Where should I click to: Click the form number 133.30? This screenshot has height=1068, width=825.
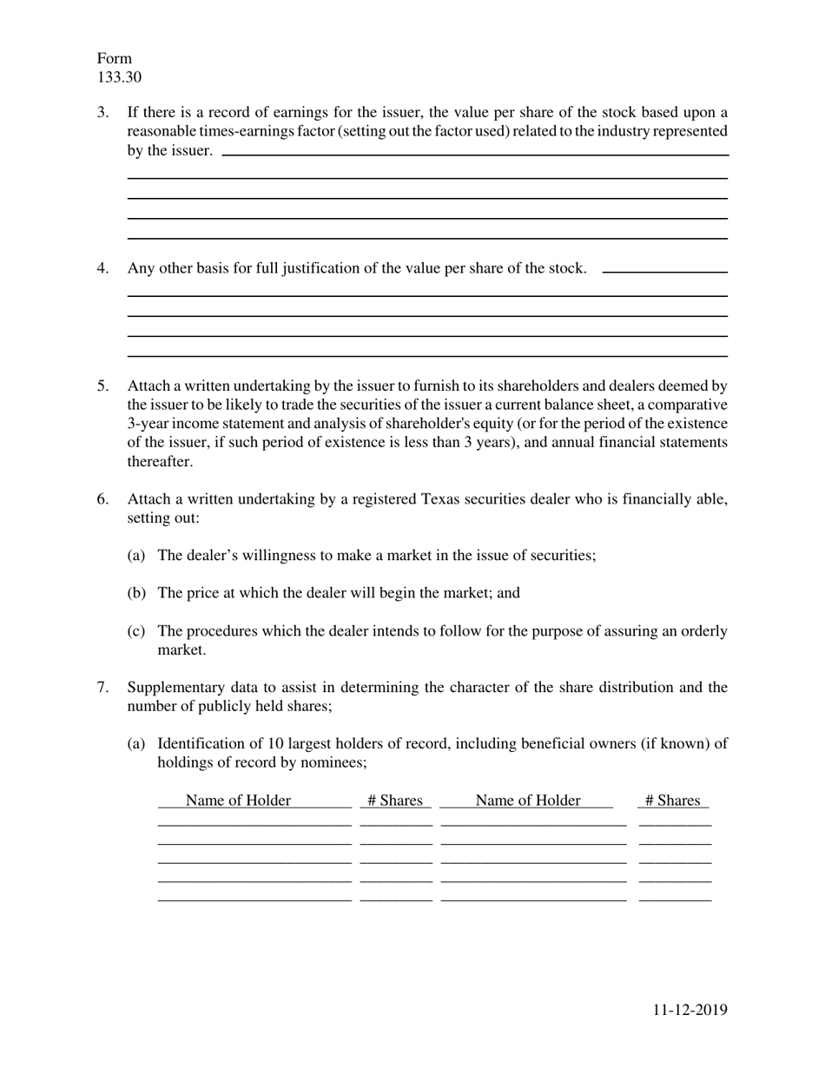click(x=119, y=77)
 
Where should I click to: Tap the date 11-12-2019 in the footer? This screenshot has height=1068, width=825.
click(x=690, y=1009)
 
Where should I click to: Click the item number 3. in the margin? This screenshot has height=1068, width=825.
click(x=103, y=112)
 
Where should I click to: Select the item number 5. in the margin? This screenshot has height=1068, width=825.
click(x=103, y=386)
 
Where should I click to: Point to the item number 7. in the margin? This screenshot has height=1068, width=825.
click(x=103, y=688)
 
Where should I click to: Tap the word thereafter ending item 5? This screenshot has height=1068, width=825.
click(x=160, y=461)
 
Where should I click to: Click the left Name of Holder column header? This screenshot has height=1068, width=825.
click(x=238, y=801)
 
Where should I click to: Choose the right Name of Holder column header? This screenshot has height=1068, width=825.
click(x=527, y=801)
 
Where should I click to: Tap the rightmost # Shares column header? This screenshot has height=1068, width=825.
click(x=672, y=801)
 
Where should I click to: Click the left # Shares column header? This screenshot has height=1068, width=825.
click(x=394, y=801)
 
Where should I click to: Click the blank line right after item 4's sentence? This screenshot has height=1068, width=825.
click(x=664, y=272)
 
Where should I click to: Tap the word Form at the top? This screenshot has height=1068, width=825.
click(x=115, y=58)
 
